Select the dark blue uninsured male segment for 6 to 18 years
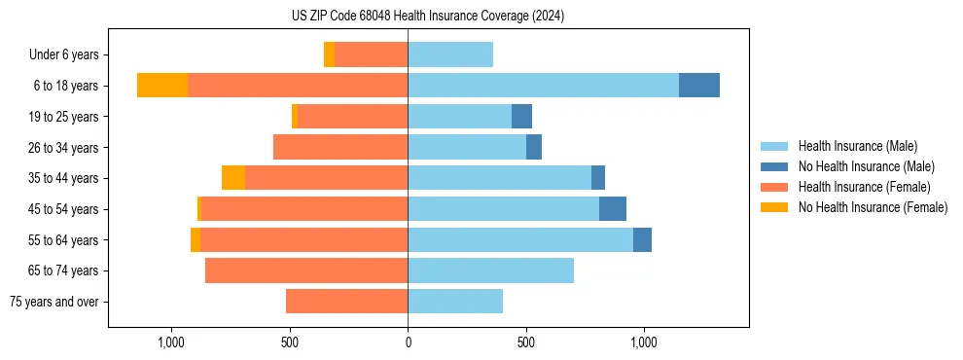click(698, 86)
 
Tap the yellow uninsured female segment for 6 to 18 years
click(162, 86)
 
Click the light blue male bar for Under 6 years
click(450, 54)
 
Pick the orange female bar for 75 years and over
click(346, 302)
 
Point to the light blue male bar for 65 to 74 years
click(490, 270)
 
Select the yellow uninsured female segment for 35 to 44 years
click(233, 178)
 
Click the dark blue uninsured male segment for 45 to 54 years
click(612, 209)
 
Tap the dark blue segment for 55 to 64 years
click(642, 239)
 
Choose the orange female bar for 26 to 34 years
click(340, 147)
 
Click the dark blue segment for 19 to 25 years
click(521, 117)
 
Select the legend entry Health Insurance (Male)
click(857, 146)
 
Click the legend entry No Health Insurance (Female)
click(873, 207)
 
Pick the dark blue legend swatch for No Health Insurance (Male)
click(774, 166)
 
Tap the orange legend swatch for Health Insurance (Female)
click(774, 187)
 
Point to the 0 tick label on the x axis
click(408, 342)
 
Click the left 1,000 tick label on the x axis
click(171, 342)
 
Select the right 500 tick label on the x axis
click(526, 342)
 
